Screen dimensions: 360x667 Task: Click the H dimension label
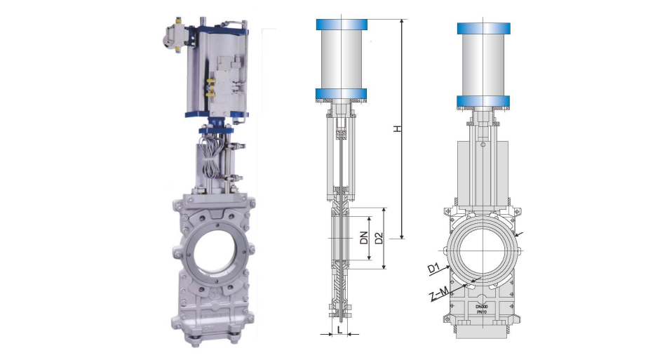tap(398, 130)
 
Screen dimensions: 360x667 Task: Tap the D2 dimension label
tap(379, 239)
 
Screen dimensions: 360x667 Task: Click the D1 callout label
tap(433, 268)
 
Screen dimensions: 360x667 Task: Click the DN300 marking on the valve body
tap(481, 307)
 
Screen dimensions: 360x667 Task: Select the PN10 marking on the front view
tap(481, 313)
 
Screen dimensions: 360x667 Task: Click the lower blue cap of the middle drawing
tap(343, 95)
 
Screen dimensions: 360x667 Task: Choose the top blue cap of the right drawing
tap(483, 29)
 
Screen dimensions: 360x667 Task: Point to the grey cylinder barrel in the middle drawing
tap(343, 60)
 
